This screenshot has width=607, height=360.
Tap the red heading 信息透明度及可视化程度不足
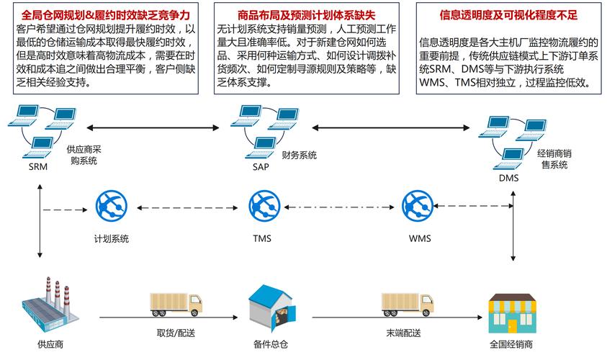(x=509, y=14)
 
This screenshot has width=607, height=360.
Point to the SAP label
(x=260, y=167)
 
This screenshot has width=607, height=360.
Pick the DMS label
(x=508, y=177)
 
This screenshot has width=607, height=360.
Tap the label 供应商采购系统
(x=84, y=155)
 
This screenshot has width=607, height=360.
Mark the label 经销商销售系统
(x=554, y=159)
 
